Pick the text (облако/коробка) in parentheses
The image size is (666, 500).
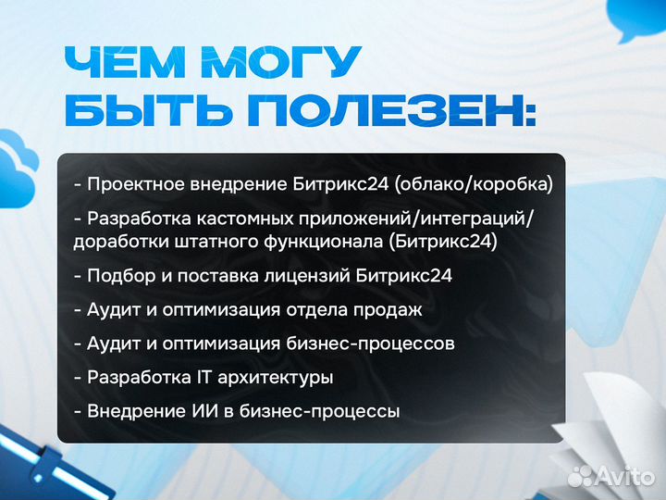coord(473,183)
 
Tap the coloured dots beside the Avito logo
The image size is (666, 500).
coord(580,476)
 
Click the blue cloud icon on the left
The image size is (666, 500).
coord(21,154)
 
